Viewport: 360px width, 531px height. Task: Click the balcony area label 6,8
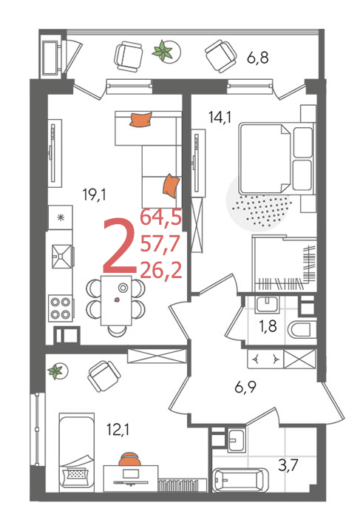pos(257,58)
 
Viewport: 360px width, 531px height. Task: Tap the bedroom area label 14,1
pos(220,118)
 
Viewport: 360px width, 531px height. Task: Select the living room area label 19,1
pos(94,195)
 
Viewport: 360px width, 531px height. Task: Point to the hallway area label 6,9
pos(245,387)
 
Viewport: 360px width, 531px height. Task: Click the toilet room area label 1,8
pos(268,326)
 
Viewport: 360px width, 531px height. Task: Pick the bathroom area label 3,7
pos(288,465)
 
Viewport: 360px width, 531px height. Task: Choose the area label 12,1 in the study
pos(118,430)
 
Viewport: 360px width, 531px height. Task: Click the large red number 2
pos(119,246)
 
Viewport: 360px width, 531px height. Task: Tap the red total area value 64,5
pos(161,217)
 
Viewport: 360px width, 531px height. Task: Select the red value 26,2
pos(161,270)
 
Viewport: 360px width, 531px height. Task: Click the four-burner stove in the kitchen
pos(61,308)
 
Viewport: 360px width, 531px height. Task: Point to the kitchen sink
pos(62,257)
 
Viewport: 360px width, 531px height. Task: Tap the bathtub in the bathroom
pos(240,480)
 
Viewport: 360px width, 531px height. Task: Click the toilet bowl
pos(301,330)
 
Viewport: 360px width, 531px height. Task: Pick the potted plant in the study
pos(55,371)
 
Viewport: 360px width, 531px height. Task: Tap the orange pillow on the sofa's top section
pos(140,119)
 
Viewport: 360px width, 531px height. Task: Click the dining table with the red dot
pos(116,300)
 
